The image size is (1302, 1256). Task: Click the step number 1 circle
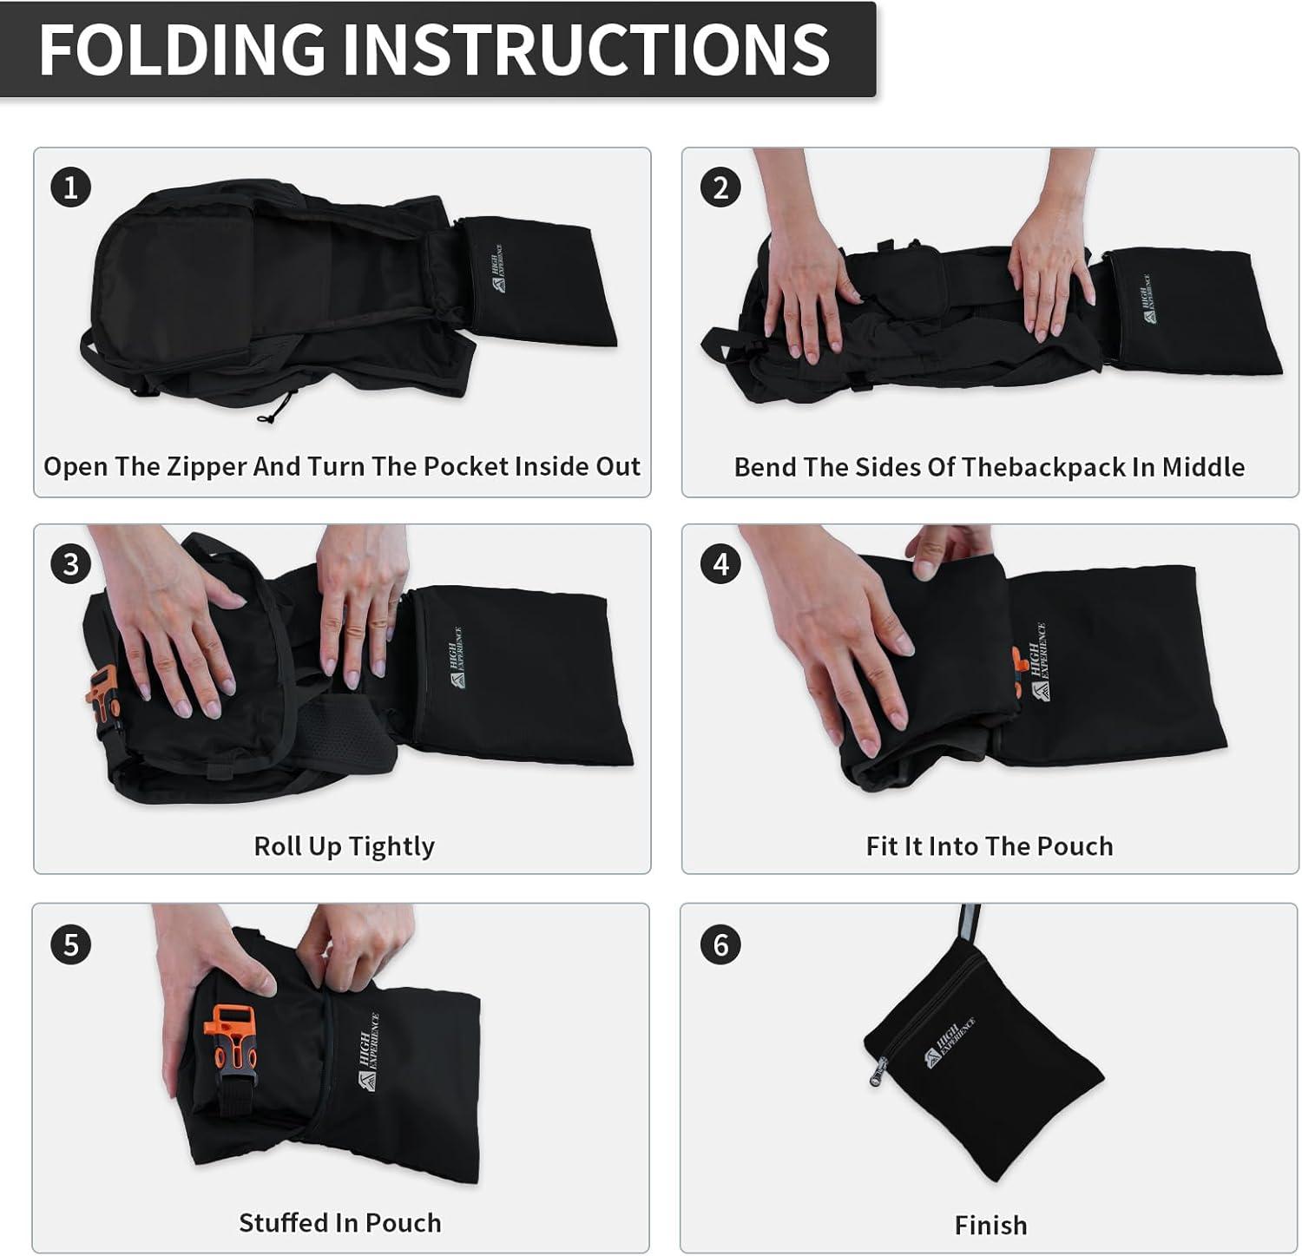(x=70, y=187)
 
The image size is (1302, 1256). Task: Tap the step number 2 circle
(x=720, y=187)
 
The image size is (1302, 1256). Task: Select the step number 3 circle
(x=70, y=564)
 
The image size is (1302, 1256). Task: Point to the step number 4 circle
(x=720, y=564)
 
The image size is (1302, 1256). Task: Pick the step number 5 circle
(x=70, y=944)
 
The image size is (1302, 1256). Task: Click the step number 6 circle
(x=720, y=944)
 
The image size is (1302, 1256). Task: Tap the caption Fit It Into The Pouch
(x=990, y=846)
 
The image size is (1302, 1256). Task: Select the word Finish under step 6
(x=990, y=1225)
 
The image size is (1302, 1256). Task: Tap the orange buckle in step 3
(x=103, y=691)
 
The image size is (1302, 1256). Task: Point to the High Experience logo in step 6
(x=950, y=1042)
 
